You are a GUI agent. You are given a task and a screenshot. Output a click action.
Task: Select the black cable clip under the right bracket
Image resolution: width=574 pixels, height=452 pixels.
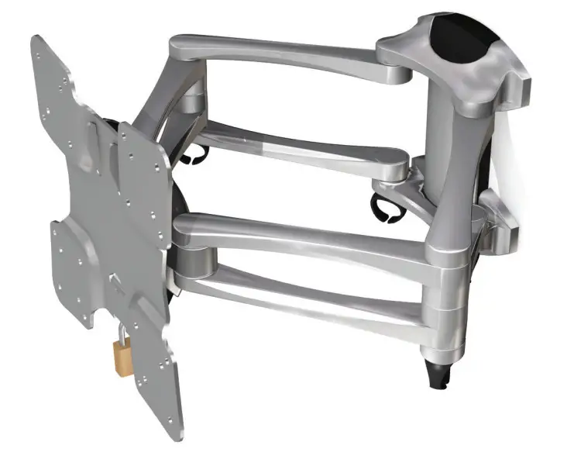(385, 208)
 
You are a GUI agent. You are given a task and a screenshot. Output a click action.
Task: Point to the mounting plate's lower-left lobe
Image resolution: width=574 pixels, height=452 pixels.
(74, 271)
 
